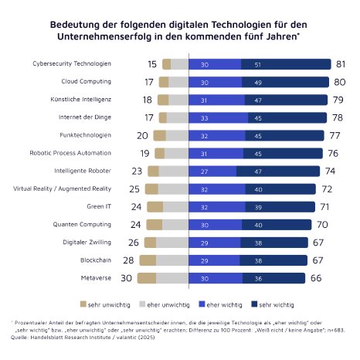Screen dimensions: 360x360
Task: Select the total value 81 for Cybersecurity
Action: tap(341, 64)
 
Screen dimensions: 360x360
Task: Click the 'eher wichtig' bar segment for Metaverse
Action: tap(213, 278)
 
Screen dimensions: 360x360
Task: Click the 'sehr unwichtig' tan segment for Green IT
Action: tap(155, 206)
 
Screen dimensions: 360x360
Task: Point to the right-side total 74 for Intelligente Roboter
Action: tap(330, 171)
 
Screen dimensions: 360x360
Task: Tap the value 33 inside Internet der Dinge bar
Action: tap(205, 117)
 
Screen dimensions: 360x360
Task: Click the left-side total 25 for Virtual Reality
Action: tap(134, 188)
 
